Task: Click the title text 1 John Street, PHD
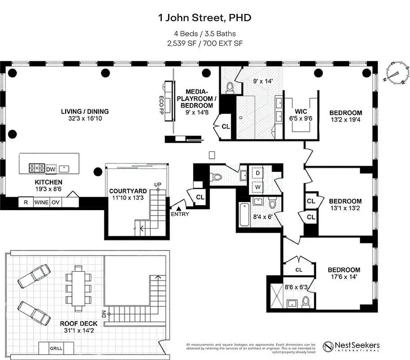(205, 18)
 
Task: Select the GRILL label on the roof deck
(56, 348)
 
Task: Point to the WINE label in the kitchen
(41, 202)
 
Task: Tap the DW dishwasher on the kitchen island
(51, 169)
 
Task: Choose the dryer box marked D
(258, 173)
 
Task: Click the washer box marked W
(258, 186)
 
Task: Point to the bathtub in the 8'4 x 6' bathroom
(244, 215)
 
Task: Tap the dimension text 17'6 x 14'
(344, 277)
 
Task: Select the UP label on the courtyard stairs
(158, 185)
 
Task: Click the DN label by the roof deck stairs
(104, 315)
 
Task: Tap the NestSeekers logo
(351, 347)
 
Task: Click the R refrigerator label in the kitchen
(25, 202)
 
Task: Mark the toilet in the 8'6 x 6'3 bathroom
(306, 301)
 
